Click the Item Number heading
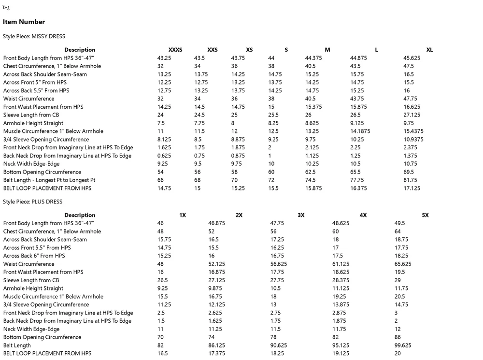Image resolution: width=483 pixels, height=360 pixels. [24, 22]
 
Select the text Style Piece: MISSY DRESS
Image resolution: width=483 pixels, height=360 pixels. [34, 36]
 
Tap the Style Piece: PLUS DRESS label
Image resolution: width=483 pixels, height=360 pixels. [32, 202]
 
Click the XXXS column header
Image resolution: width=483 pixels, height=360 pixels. [175, 50]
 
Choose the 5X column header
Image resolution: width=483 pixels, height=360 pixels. [425, 215]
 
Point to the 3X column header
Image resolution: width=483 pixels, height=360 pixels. [301, 215]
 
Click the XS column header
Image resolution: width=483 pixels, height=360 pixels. [249, 50]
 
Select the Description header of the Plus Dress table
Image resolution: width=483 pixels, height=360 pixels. [80, 215]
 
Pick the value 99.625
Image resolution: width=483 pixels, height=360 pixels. [403, 346]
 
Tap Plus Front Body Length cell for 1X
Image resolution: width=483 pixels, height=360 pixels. [160, 223]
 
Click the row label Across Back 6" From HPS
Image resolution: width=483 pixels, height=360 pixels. [34, 256]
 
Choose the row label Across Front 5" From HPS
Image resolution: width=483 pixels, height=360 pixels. [35, 83]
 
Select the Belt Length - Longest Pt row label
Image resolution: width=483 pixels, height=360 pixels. [49, 180]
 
